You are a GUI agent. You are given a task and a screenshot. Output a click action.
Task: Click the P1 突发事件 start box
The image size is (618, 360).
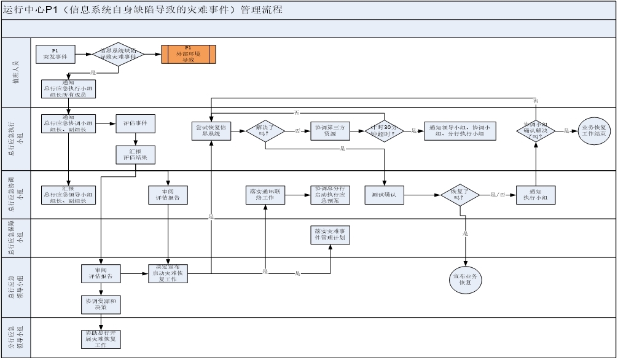pyautogui.click(x=55, y=54)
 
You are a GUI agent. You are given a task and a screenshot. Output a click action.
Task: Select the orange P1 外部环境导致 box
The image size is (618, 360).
pyautogui.click(x=188, y=54)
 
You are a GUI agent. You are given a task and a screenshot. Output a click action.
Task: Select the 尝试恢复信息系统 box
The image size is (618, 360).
pyautogui.click(x=211, y=130)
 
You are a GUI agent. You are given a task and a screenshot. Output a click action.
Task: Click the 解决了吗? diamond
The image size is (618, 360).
pyautogui.click(x=265, y=130)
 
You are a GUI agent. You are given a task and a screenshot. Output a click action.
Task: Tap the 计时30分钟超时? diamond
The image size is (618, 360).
pyautogui.click(x=385, y=130)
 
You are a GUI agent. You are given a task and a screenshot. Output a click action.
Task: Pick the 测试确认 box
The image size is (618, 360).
pyautogui.click(x=384, y=195)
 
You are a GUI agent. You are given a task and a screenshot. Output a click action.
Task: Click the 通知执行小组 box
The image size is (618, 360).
pyautogui.click(x=536, y=195)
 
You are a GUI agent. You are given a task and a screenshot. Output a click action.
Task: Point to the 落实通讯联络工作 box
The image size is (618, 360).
pyautogui.click(x=265, y=195)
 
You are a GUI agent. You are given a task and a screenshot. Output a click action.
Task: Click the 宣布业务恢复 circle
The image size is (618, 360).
pyautogui.click(x=465, y=280)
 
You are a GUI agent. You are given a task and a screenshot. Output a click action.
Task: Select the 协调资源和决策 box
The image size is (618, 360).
pyautogui.click(x=101, y=304)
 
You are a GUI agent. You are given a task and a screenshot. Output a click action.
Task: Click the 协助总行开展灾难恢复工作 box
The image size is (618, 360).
pyautogui.click(x=101, y=338)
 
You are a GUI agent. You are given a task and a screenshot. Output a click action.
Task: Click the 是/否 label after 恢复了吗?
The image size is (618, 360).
pyautogui.click(x=498, y=195)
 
